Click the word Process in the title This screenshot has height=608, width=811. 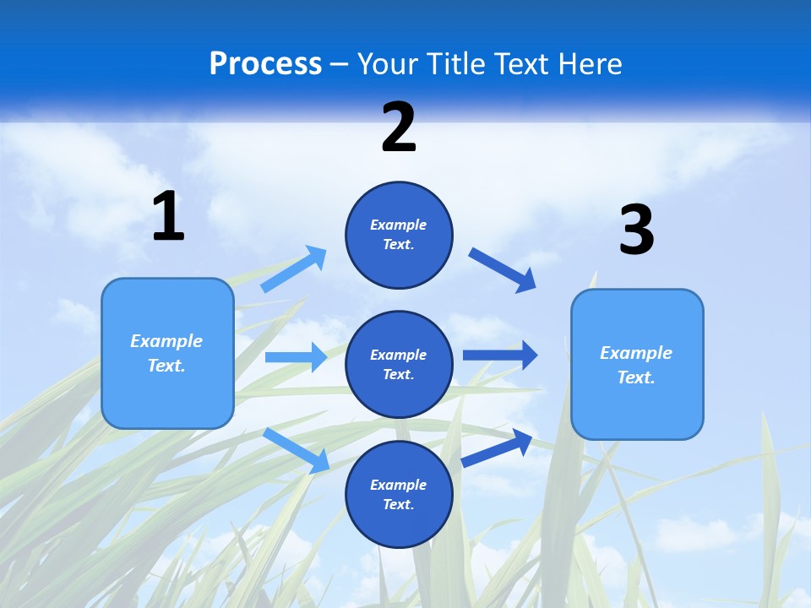click(x=265, y=63)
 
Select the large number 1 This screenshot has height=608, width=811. click(x=168, y=216)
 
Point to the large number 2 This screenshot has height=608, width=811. click(x=399, y=128)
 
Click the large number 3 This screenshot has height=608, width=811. click(x=636, y=231)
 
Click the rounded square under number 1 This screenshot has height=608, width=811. click(x=167, y=353)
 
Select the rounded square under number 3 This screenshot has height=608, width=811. click(x=637, y=364)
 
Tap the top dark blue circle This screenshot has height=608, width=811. click(x=399, y=235)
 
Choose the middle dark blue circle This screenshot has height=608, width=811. click(x=399, y=364)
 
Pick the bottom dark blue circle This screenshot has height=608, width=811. click(x=399, y=494)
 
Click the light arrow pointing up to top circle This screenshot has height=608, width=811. click(x=294, y=269)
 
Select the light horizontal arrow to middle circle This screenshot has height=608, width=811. click(x=296, y=357)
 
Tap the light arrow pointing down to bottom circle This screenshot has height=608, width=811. click(x=297, y=449)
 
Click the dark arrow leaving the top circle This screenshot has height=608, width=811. click(x=503, y=269)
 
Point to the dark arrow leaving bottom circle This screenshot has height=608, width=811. click(x=498, y=447)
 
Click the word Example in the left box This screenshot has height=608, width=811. click(x=166, y=341)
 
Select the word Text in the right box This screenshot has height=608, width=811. click(x=635, y=377)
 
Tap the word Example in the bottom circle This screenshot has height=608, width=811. click(x=399, y=485)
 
